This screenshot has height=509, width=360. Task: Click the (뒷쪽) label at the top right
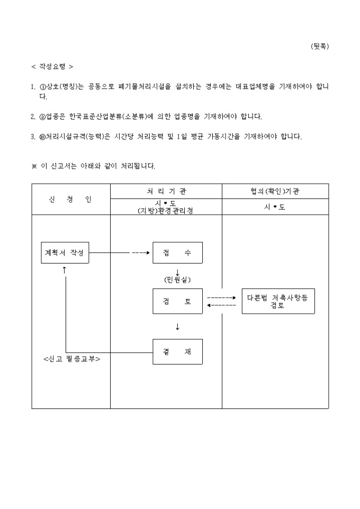[x=319, y=47]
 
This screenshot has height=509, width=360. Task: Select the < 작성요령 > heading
[x=52, y=67]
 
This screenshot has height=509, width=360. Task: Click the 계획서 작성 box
[x=65, y=252]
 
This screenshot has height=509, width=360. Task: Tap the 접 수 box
[x=177, y=252]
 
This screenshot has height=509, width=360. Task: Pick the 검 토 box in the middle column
[x=177, y=302]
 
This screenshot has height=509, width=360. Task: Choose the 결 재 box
[x=177, y=352]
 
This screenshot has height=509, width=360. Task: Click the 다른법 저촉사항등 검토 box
[x=277, y=301]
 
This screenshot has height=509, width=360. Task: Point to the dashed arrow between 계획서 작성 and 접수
[x=141, y=252]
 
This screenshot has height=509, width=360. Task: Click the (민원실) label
[x=177, y=279]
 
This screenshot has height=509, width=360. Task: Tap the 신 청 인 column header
[x=71, y=199]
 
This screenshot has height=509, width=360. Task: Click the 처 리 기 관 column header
[x=166, y=191]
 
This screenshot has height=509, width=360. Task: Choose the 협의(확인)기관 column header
[x=275, y=191]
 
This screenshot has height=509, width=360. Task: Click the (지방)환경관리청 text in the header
[x=166, y=210]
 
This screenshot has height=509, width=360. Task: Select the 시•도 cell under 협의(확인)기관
[x=275, y=207]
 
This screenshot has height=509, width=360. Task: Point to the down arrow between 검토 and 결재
[x=177, y=327]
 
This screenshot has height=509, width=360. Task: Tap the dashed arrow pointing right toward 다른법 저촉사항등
[x=221, y=297]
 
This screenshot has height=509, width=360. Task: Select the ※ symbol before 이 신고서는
[x=34, y=166]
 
